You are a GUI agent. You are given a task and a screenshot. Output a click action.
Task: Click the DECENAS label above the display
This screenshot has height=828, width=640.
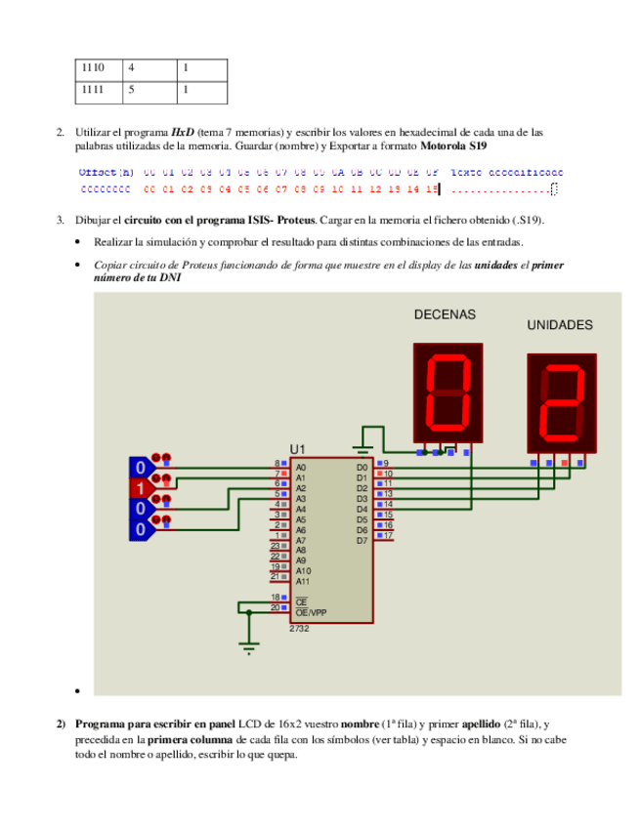(445, 314)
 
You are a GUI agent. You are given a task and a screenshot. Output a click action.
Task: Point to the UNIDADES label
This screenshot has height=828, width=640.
(560, 324)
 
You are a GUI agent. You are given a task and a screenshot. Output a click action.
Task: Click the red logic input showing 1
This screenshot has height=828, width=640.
(140, 487)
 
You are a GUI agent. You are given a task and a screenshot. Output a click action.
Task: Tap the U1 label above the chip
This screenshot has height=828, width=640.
(298, 448)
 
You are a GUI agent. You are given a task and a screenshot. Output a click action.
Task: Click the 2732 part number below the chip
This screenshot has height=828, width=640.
(299, 629)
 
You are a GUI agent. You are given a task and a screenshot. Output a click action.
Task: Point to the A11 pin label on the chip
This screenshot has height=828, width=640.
(303, 581)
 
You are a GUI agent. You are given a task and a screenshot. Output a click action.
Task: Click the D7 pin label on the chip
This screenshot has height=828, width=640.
(362, 539)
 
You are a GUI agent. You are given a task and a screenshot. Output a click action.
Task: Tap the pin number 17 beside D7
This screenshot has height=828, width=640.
(388, 535)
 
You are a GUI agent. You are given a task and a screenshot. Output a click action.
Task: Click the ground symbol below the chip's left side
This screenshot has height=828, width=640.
(249, 646)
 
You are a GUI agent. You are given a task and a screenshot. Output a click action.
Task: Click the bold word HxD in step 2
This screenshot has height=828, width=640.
(183, 131)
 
